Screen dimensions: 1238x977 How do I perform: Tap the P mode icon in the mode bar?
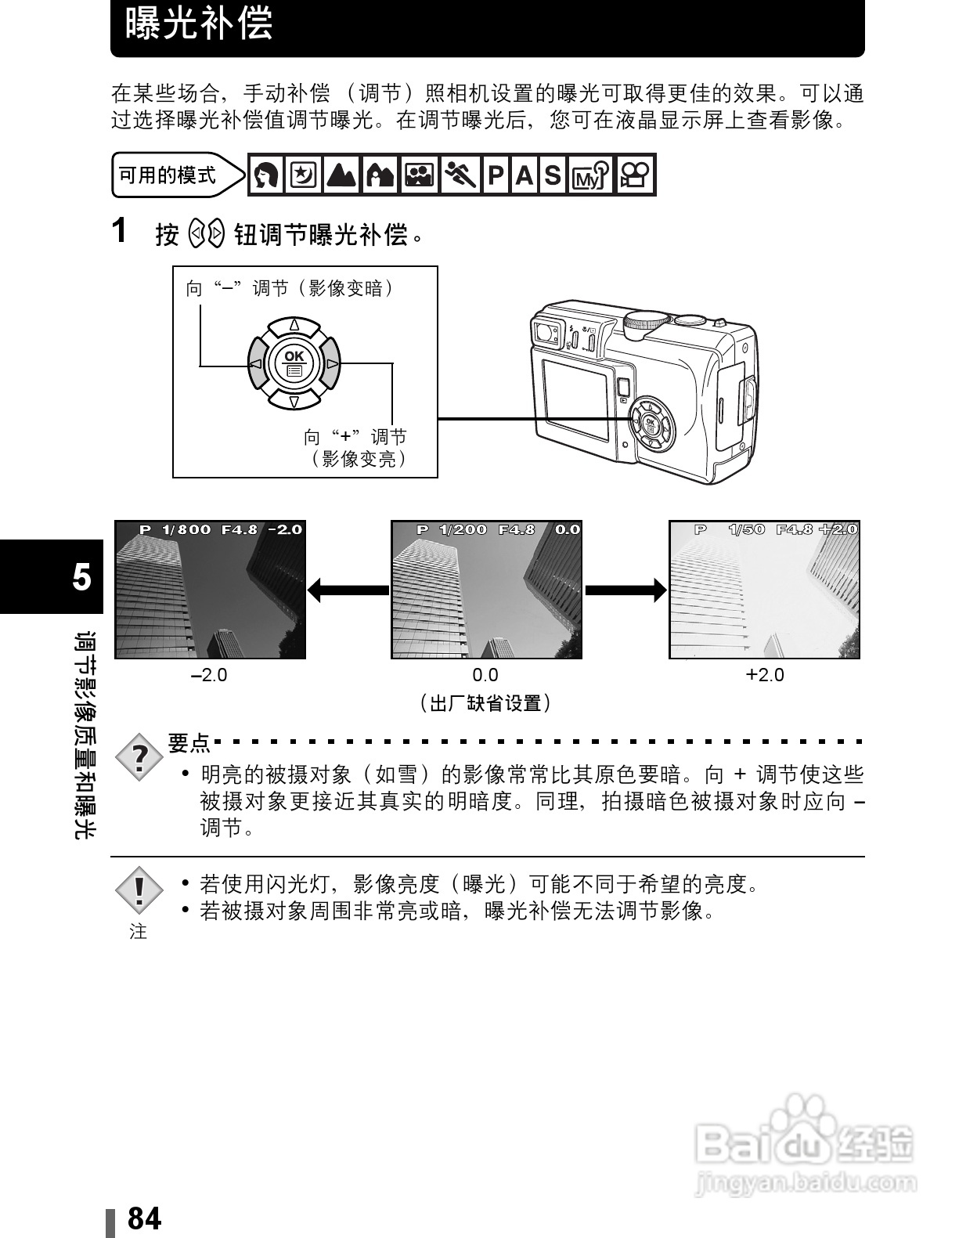[x=496, y=175]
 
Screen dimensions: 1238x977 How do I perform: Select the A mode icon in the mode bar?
[x=524, y=175]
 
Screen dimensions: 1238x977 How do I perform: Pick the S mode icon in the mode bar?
[x=553, y=175]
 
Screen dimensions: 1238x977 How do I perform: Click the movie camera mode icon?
[x=635, y=175]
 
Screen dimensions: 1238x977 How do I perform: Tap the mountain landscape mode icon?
[x=342, y=175]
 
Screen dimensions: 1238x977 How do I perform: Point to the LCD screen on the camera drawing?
[x=575, y=400]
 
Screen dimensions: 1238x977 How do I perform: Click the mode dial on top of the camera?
[x=645, y=322]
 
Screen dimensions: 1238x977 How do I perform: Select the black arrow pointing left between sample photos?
[x=348, y=590]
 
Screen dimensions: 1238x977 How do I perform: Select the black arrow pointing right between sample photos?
[x=625, y=590]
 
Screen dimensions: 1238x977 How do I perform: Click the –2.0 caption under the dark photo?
[x=209, y=675]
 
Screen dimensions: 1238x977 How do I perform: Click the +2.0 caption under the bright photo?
[x=765, y=675]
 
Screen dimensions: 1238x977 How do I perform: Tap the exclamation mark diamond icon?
[x=139, y=890]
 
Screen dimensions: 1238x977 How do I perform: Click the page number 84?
[x=144, y=1218]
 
